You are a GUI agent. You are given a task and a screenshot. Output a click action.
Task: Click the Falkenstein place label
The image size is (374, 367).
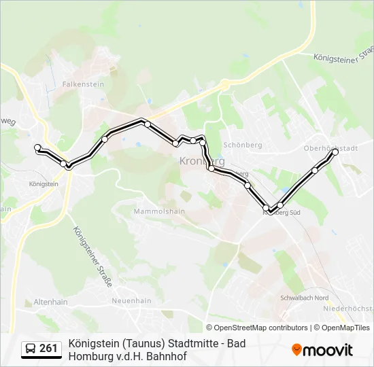[83, 84]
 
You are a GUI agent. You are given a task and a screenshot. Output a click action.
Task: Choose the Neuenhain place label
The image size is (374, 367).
[131, 301]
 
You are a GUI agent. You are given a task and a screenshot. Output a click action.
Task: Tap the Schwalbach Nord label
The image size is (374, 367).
[304, 298]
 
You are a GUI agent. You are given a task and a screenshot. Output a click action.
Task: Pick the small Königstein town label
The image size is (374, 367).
[44, 183]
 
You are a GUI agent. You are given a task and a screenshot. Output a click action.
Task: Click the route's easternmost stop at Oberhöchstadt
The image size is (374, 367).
[335, 152]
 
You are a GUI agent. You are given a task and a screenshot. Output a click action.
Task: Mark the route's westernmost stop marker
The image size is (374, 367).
[37, 147]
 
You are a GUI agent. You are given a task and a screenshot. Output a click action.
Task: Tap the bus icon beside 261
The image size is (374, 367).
[31, 349]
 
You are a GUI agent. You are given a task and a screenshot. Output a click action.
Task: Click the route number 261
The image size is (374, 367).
[48, 349]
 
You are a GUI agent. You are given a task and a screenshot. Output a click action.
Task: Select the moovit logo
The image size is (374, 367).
[322, 350]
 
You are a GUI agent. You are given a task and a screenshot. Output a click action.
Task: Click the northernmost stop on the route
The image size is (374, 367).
[147, 124]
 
